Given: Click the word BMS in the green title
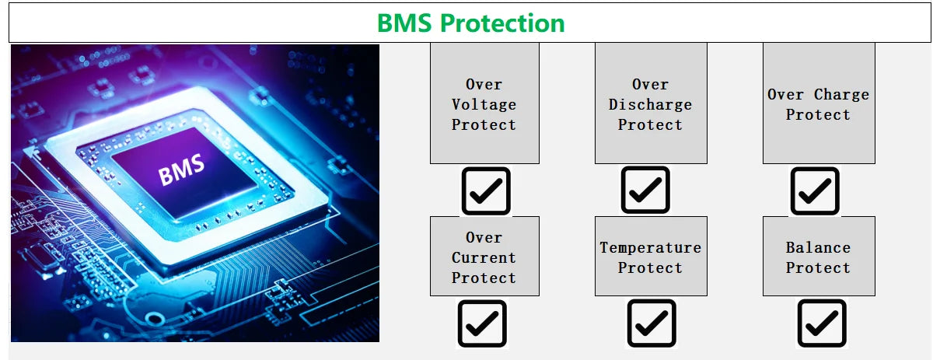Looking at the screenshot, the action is point(404,23).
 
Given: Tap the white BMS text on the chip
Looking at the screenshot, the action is point(181,169).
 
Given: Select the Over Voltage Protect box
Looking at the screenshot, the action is point(484,103).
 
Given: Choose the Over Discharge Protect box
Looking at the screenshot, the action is point(651,103).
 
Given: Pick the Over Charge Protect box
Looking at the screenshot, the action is point(819,103).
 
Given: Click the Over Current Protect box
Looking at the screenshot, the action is point(484,257).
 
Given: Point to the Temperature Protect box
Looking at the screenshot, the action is point(651,257).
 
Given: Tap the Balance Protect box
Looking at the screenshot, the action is point(819,257).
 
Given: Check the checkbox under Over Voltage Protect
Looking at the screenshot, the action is point(486,191).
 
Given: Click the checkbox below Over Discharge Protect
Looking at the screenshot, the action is point(645,190).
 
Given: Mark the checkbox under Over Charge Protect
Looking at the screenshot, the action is point(815,191).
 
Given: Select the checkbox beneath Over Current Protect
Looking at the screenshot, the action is point(482,323).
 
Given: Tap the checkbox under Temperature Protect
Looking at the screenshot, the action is point(652,323).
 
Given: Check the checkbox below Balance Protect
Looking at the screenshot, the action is point(822,323).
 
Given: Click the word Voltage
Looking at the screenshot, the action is point(484,104).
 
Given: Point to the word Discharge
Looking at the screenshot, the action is point(650,104).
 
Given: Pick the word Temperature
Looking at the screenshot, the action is point(650,247).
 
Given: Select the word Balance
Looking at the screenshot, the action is point(818,247).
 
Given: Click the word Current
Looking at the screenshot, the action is point(484,257).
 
